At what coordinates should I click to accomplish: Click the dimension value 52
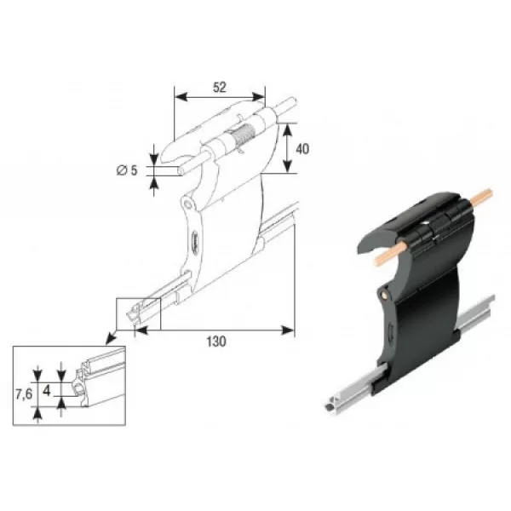click(x=220, y=88)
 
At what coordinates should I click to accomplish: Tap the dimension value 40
click(x=302, y=149)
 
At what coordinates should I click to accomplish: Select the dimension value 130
click(x=216, y=342)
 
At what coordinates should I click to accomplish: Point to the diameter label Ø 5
click(x=128, y=170)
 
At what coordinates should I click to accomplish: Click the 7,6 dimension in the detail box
click(x=24, y=394)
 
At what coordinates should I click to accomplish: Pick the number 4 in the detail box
click(x=47, y=391)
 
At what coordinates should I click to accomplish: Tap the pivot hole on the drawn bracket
click(x=187, y=204)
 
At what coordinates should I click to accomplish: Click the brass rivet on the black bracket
click(x=386, y=295)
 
